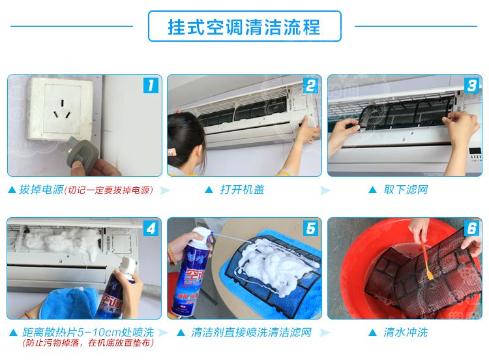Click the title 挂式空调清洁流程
(x=244, y=27)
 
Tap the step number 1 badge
(x=151, y=85)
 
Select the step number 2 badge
(x=310, y=85)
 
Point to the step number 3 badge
(x=471, y=85)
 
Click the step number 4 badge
(x=151, y=228)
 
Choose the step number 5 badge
(x=310, y=228)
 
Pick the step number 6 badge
(x=471, y=228)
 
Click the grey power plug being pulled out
(x=82, y=155)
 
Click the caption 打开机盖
(x=242, y=189)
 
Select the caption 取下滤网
(x=406, y=189)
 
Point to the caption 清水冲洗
(x=406, y=332)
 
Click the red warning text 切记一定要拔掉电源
(x=109, y=190)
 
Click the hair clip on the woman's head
(x=171, y=152)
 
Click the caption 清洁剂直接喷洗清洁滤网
(x=252, y=332)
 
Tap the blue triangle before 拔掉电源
(x=12, y=190)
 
